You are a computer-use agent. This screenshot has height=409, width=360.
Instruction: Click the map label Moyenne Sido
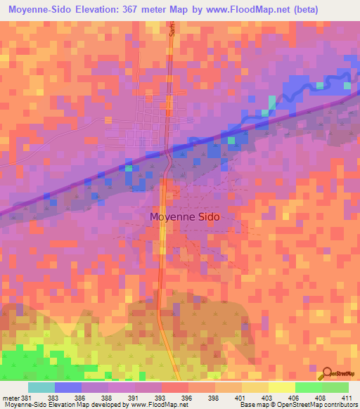point(185,217)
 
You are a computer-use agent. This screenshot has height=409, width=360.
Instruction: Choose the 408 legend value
point(321,397)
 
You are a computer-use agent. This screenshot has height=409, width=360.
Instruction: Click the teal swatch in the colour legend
point(41,387)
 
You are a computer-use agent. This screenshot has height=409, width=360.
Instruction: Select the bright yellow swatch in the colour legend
point(281,387)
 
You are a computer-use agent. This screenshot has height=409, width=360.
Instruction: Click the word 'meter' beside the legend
point(10,397)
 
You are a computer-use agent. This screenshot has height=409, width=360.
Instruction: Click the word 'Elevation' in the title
point(93,10)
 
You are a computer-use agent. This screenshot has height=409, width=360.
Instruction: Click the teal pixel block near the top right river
point(321,86)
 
